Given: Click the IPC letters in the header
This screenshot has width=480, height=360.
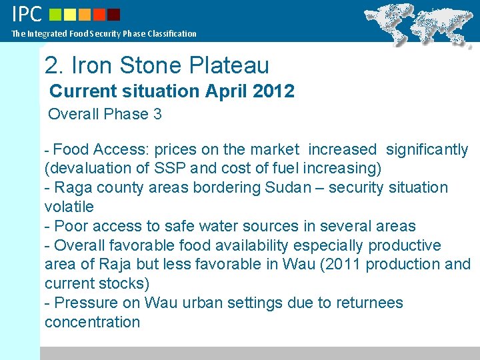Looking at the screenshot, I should coord(27,14).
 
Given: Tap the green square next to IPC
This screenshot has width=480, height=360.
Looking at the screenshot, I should coord(55,14).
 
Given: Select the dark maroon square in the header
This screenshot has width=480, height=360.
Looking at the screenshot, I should coord(114,14).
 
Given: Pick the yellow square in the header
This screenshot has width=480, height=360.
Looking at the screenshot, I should coord(70,14).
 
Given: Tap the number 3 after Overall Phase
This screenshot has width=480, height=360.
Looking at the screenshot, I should coord(157,114).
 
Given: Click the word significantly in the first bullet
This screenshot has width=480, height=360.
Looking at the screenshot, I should coord(427,150).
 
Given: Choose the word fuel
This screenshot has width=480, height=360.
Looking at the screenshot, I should coord(289,168).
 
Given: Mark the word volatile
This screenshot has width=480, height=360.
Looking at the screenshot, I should coord(69,207).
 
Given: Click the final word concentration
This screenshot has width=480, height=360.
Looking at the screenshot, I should coord(92,322).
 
